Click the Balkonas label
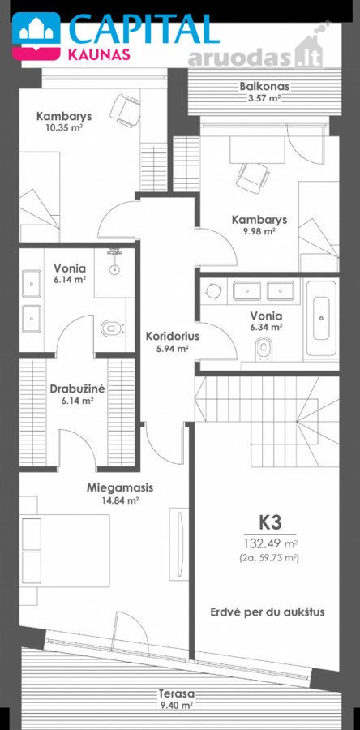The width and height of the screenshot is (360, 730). click(264, 87)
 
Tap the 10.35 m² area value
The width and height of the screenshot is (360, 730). click(64, 128)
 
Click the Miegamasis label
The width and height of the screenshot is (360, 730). click(120, 488)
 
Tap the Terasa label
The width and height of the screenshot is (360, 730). click(175, 706)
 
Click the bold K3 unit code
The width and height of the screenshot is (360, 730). click(270, 522)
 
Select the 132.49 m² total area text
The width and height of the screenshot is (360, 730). click(271, 543)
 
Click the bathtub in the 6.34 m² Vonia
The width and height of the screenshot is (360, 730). click(324, 318)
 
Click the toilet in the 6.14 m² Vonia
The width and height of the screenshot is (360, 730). click(113, 328)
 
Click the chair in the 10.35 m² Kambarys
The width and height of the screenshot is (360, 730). click(126, 109)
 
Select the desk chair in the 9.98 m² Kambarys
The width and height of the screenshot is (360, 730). click(253, 176)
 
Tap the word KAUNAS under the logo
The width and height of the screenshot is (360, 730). click(99, 55)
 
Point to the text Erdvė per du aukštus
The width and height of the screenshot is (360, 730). click(267, 612)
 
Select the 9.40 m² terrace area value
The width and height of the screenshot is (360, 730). click(175, 718)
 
